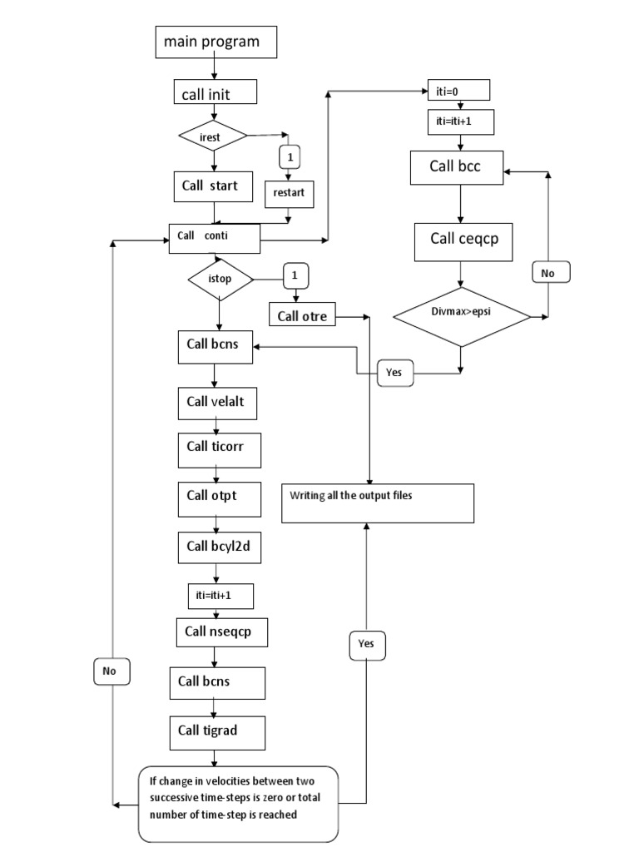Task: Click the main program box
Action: click(215, 42)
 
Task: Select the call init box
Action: click(215, 95)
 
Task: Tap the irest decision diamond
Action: click(214, 135)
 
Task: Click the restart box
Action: click(289, 194)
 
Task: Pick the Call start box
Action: click(214, 186)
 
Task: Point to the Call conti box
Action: click(215, 237)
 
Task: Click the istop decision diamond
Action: click(220, 280)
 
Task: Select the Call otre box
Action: click(302, 315)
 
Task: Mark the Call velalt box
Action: click(215, 403)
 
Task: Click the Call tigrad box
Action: click(217, 731)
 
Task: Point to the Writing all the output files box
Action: click(378, 503)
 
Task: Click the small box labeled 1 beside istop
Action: click(294, 275)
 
